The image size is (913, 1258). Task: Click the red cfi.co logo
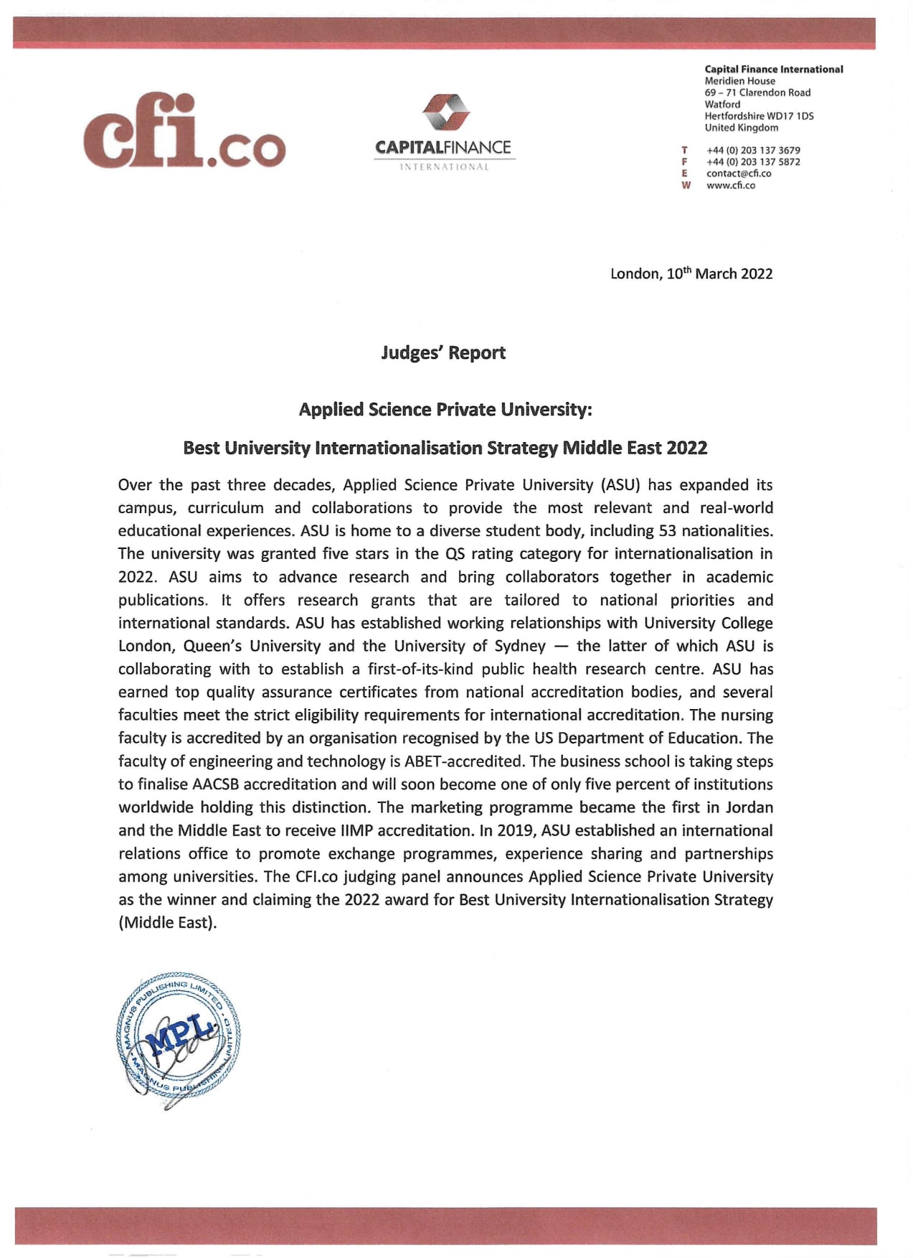click(x=184, y=131)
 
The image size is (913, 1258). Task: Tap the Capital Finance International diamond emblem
click(x=445, y=113)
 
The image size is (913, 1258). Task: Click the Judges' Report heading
click(x=443, y=352)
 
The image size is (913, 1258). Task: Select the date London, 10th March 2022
click(x=691, y=273)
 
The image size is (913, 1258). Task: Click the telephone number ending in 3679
click(x=753, y=150)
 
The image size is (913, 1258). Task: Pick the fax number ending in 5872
click(x=753, y=161)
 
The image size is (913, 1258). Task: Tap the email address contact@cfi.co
click(x=739, y=173)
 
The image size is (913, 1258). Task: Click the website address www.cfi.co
click(x=731, y=185)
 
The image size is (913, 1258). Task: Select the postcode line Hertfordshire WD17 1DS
click(x=759, y=116)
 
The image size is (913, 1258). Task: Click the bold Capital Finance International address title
click(x=774, y=69)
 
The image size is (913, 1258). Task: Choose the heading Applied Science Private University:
click(x=445, y=409)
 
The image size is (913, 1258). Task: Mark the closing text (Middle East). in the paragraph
click(x=167, y=923)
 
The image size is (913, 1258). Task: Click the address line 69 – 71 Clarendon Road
click(x=757, y=93)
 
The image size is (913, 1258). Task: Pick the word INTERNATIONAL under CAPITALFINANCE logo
click(x=444, y=167)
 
